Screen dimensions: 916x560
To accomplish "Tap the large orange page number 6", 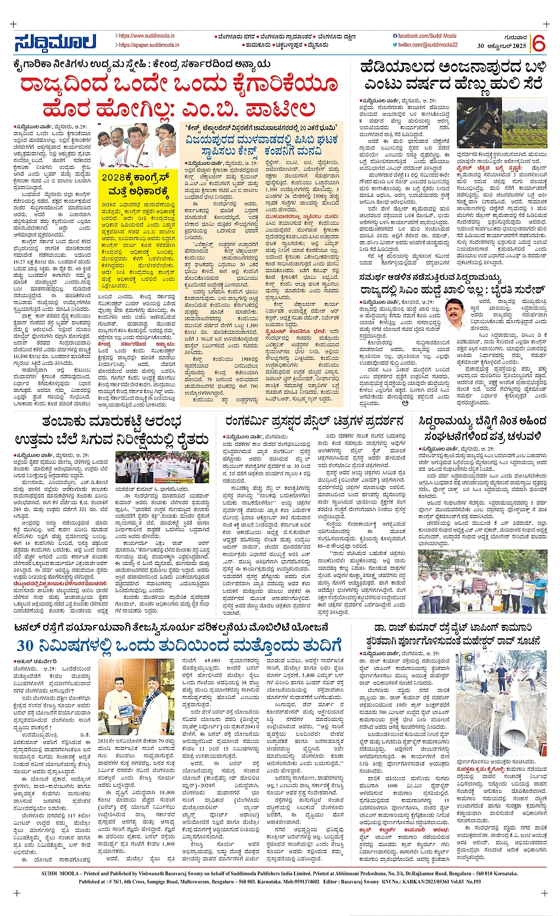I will [x=538, y=43].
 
